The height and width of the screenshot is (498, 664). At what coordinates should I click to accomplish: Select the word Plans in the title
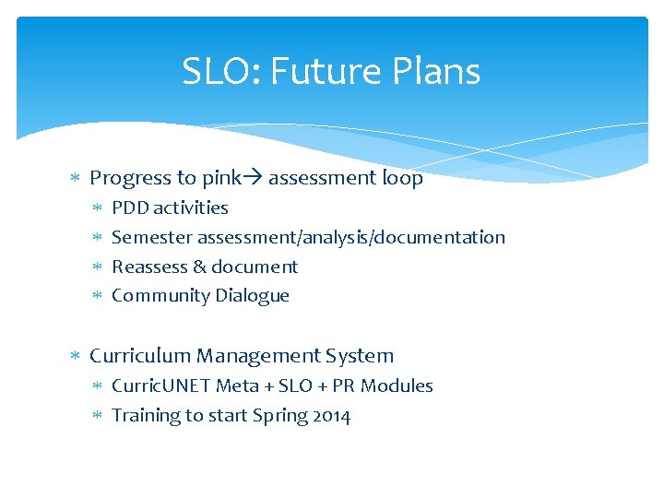[435, 72]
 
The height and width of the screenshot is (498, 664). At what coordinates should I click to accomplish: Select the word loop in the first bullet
[402, 179]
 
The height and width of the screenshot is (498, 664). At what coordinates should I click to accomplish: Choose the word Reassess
[149, 267]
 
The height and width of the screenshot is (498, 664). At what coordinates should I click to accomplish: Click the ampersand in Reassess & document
[199, 267]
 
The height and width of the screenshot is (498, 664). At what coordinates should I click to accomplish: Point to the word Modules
[397, 386]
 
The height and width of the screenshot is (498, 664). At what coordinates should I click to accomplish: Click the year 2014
[332, 416]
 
